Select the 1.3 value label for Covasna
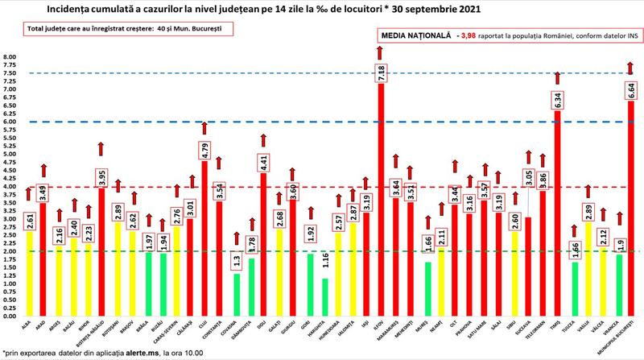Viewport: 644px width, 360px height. [235, 261]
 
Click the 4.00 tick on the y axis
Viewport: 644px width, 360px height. [9, 187]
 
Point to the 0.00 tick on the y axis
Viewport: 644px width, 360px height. [9, 316]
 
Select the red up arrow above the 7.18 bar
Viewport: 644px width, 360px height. [380, 53]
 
